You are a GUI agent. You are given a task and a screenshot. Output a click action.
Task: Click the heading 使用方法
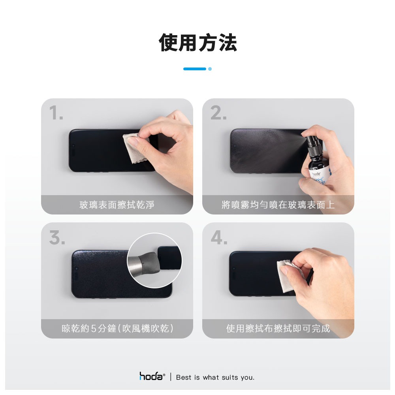pos(198,43)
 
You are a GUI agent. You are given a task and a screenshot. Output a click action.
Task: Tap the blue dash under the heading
pos(194,69)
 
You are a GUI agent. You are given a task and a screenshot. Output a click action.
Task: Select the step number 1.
pos(56,113)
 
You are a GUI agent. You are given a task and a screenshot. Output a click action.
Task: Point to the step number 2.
pos(218,113)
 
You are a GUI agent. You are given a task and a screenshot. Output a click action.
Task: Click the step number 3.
pos(57,237)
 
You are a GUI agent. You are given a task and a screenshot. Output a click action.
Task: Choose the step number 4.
pos(219,237)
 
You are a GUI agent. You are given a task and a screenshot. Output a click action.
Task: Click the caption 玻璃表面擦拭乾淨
pos(117,205)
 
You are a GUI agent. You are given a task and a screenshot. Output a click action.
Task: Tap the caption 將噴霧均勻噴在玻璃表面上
pos(278,205)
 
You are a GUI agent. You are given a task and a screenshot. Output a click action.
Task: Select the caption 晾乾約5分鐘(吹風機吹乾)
pos(117,329)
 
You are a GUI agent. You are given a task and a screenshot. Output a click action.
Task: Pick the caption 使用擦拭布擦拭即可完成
pos(278,329)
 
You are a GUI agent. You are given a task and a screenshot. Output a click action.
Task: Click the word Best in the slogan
pos(184,377)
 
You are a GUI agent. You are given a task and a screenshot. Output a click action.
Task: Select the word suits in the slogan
pos(230,377)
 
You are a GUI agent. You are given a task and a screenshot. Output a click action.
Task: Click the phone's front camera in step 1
pos(73,146)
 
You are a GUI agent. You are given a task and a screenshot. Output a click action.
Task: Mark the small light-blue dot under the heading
pos(210,69)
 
